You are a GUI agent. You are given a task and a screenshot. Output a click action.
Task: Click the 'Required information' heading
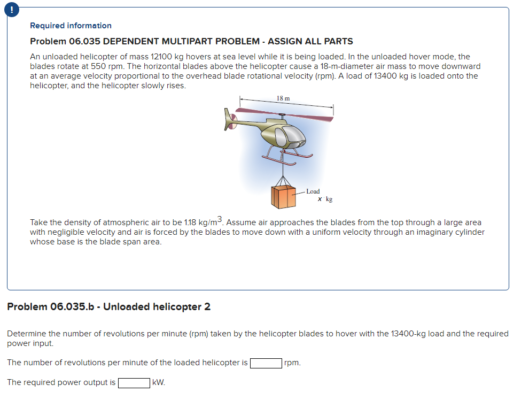tap(71, 26)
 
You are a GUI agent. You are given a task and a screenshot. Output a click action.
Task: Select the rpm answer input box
tap(266, 363)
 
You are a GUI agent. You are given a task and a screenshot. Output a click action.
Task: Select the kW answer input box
tap(134, 382)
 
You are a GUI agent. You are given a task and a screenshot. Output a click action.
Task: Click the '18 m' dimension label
tap(283, 98)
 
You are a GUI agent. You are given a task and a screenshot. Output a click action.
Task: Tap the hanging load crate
tap(284, 196)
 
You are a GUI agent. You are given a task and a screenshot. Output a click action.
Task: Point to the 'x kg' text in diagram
tap(325, 199)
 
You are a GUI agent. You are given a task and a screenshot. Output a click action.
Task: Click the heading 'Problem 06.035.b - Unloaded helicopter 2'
tap(108, 307)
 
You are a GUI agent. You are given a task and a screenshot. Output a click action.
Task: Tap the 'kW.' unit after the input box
tap(158, 382)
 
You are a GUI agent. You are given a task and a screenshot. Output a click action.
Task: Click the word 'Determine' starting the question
tap(26, 334)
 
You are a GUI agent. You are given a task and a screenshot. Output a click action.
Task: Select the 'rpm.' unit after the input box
tap(293, 363)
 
